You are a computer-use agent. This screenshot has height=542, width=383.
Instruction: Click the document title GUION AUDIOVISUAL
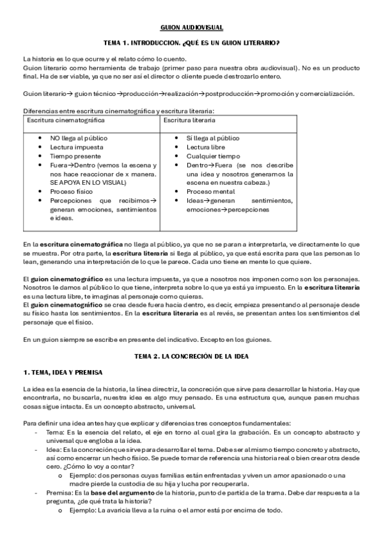[x=191, y=27]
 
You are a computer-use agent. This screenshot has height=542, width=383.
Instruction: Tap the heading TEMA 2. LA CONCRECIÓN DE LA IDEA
[x=191, y=355]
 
